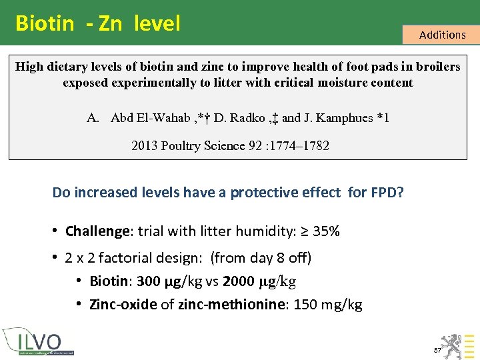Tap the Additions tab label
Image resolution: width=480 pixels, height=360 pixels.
442,35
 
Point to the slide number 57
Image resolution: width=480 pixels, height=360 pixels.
438,350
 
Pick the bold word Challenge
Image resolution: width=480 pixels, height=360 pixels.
97,231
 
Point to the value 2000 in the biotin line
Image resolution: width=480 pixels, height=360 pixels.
239,281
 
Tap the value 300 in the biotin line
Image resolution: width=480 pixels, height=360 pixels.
149,281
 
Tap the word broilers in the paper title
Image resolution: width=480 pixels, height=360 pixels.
437,67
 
